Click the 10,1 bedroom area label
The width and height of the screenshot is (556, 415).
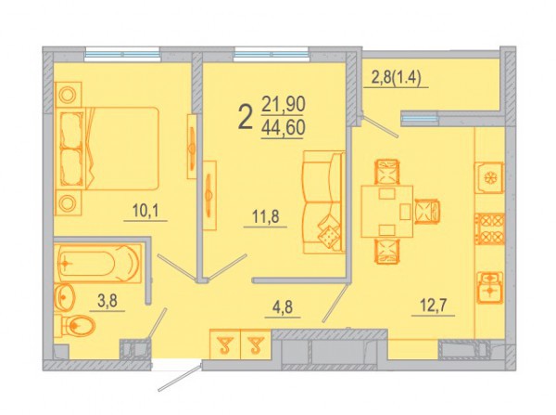145,212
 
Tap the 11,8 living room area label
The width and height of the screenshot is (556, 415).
266,216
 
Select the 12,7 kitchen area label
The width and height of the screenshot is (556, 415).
434,305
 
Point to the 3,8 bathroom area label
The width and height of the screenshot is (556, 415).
107,302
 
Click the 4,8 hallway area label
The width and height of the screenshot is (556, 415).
283,307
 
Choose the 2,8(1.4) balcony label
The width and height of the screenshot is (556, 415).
396,79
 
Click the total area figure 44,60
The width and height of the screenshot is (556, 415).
283,128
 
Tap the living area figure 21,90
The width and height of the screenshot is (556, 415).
283,105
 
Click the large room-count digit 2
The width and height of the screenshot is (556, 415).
246,118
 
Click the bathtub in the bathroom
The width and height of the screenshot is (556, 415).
97,264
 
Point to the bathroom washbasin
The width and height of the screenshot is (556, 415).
64,297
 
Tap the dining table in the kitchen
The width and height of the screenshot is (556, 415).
387,211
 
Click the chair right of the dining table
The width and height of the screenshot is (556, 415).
427,212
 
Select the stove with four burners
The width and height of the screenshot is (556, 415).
489,228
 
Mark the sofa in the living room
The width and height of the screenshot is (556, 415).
324,202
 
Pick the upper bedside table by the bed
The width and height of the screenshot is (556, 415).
68,95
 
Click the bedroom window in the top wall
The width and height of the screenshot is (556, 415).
122,55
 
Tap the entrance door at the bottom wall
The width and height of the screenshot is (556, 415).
180,377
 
